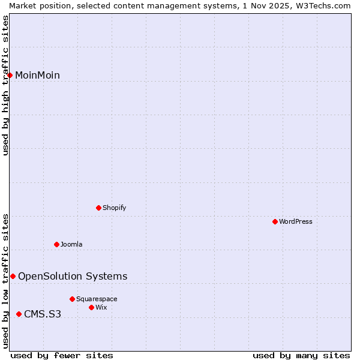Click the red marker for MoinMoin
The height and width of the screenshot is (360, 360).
[10, 75]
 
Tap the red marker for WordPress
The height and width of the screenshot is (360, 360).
[275, 221]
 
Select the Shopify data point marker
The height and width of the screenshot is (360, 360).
[99, 208]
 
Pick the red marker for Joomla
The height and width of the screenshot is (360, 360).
[57, 244]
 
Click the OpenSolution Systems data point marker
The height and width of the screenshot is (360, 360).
[13, 276]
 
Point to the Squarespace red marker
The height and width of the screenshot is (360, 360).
[73, 299]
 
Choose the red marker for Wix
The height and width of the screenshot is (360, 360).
[92, 307]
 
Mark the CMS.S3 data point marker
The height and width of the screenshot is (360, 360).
[19, 314]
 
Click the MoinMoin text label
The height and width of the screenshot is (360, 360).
[37, 75]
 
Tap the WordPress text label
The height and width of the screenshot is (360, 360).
[296, 221]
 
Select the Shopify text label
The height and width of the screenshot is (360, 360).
[114, 208]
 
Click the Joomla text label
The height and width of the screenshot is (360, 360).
[71, 244]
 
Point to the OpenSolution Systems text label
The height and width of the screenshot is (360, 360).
[73, 276]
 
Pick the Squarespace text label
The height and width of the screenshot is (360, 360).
[97, 299]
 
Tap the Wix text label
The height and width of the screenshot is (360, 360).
[101, 307]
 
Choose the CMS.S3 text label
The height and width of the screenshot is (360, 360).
[43, 314]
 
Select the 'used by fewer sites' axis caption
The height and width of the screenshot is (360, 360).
[62, 355]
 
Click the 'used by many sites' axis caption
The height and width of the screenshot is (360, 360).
[301, 355]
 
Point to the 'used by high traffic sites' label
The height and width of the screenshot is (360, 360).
[6, 85]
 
